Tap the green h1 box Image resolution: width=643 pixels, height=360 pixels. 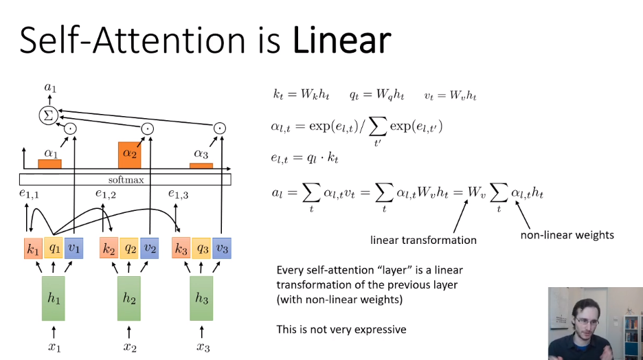point(54,298)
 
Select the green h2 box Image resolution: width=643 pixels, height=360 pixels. point(129,298)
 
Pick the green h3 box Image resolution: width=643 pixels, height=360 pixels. point(202,298)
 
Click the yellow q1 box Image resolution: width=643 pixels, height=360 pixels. point(54,248)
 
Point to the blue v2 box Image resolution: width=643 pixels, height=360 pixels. point(149,248)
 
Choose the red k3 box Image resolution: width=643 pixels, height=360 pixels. point(181,248)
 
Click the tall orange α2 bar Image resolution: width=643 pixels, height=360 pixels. point(130,155)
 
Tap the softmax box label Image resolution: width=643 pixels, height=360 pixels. point(125,179)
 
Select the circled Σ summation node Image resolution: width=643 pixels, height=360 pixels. point(48,115)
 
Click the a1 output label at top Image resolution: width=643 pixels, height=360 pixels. point(49,87)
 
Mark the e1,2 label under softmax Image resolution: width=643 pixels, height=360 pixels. point(106,195)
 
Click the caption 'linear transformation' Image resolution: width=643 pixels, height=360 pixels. point(423,240)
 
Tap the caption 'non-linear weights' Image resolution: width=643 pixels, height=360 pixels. point(567,235)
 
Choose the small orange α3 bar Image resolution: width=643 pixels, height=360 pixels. point(201,166)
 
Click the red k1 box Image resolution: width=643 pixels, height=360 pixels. point(33,248)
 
